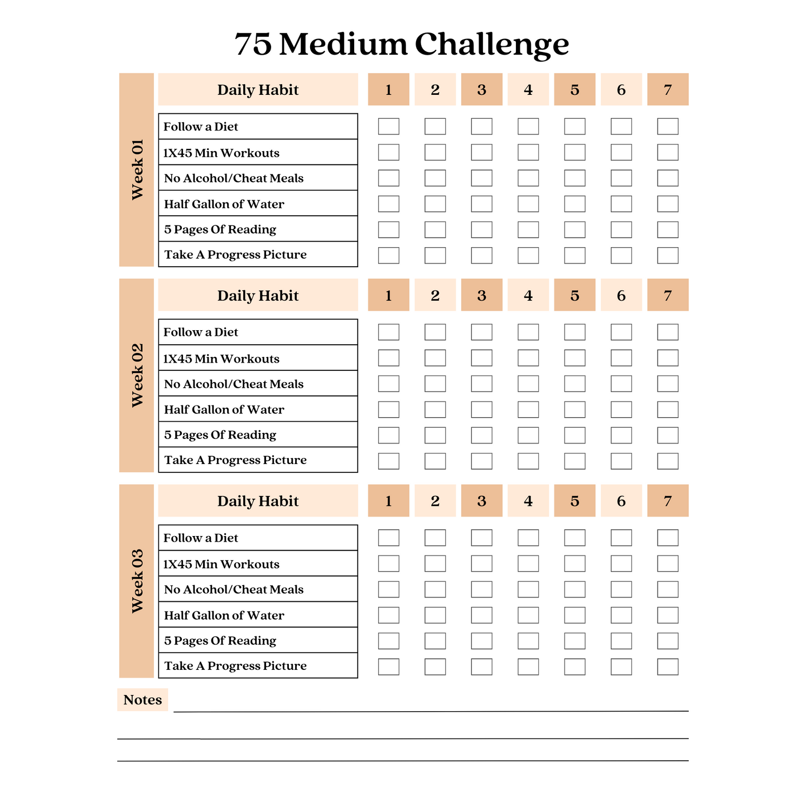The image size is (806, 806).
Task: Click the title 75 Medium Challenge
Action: coord(402,45)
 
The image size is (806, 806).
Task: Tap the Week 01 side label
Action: coord(137,170)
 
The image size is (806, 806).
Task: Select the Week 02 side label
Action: coord(137,375)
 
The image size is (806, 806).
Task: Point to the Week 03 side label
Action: coord(137,581)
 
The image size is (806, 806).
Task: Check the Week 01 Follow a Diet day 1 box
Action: coord(389,127)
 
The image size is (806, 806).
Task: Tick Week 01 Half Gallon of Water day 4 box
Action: coord(528,204)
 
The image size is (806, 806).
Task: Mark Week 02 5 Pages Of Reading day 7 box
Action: coord(668,435)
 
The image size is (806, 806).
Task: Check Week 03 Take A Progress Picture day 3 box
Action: coord(482,667)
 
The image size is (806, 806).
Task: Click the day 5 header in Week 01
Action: coord(575,90)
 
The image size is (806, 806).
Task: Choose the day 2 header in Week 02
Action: coord(435,295)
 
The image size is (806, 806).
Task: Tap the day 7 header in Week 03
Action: coord(668,501)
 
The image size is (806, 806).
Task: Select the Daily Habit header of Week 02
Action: coord(258,295)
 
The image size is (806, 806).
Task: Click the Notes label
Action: coord(143,700)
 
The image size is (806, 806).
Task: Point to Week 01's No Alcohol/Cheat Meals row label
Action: coord(234,178)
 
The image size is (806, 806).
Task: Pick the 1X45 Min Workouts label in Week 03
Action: coord(221,564)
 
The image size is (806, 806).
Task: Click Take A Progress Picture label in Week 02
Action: coord(235,460)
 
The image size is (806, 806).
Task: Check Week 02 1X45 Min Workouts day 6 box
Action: coord(621,358)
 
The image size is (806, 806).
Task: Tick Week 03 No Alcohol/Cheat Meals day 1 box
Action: coord(389,590)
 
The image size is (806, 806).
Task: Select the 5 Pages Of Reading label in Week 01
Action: coord(220,229)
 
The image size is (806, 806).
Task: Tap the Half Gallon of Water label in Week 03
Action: coord(224,615)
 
